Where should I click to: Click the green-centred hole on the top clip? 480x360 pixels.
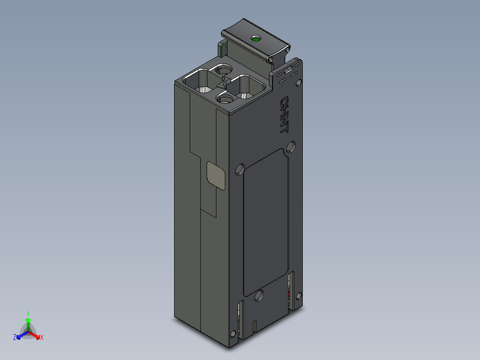256,39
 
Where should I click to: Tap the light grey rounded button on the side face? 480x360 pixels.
216,176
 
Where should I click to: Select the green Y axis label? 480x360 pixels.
28,313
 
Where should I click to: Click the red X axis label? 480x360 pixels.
42,337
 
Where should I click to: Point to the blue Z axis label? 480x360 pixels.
15,337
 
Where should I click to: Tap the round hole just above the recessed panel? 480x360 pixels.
291,147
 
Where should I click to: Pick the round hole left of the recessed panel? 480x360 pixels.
240,169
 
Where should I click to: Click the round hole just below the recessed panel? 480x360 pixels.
259,295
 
